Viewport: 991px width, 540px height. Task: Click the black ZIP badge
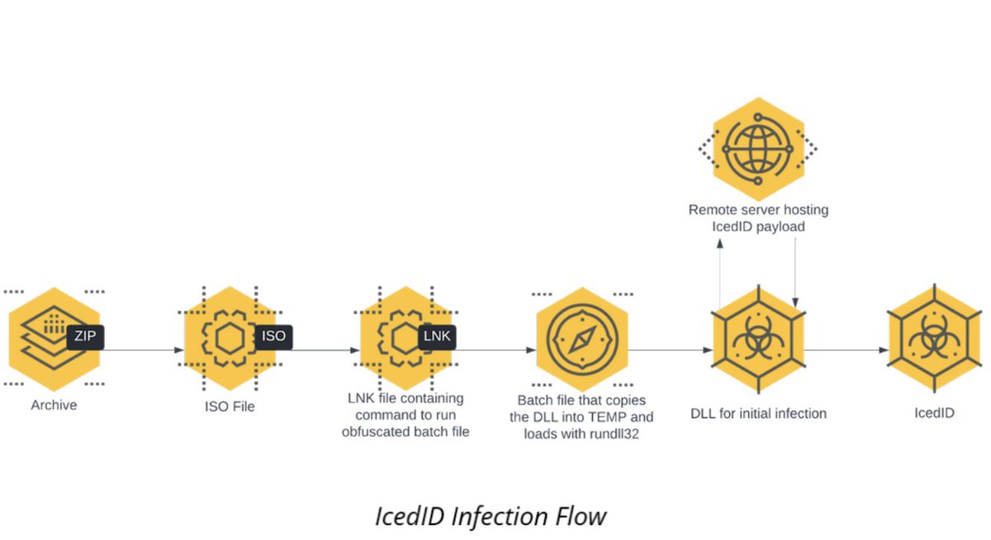click(85, 336)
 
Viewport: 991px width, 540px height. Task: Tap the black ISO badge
click(273, 336)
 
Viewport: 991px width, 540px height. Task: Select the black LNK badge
click(437, 336)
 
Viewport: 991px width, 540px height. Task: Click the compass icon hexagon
click(582, 339)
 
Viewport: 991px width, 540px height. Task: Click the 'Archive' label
click(54, 405)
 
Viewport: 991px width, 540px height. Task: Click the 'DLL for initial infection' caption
click(758, 413)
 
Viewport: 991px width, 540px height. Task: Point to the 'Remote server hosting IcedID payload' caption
click(758, 217)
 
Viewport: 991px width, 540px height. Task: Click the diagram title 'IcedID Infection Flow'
click(491, 517)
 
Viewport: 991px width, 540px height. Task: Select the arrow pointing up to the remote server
click(720, 272)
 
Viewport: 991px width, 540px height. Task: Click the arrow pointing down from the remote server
click(794, 272)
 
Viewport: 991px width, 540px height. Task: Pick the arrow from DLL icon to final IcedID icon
click(844, 350)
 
